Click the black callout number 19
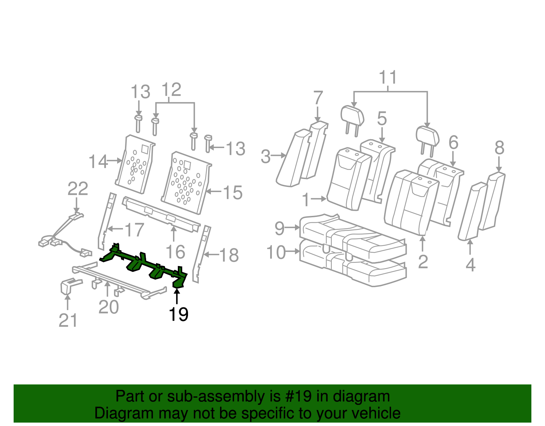(x=178, y=314)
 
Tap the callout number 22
(x=78, y=189)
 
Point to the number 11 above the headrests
(x=388, y=78)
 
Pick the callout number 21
(x=68, y=320)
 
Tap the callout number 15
(x=233, y=193)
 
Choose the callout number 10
(x=276, y=253)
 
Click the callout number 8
(x=499, y=148)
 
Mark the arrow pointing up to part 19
(x=177, y=296)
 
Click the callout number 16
(x=175, y=252)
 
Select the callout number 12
(x=171, y=90)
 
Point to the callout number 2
(x=423, y=262)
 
